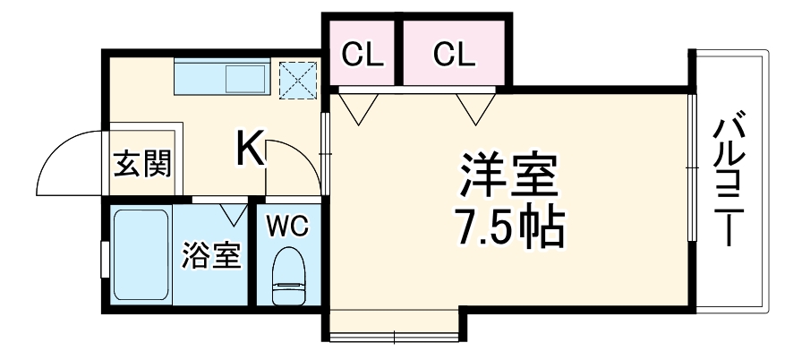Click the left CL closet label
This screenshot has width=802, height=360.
point(363,56)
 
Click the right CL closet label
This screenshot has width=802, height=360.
point(454,56)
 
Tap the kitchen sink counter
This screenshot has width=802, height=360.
point(220,79)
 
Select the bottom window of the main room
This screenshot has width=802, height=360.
point(395,336)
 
